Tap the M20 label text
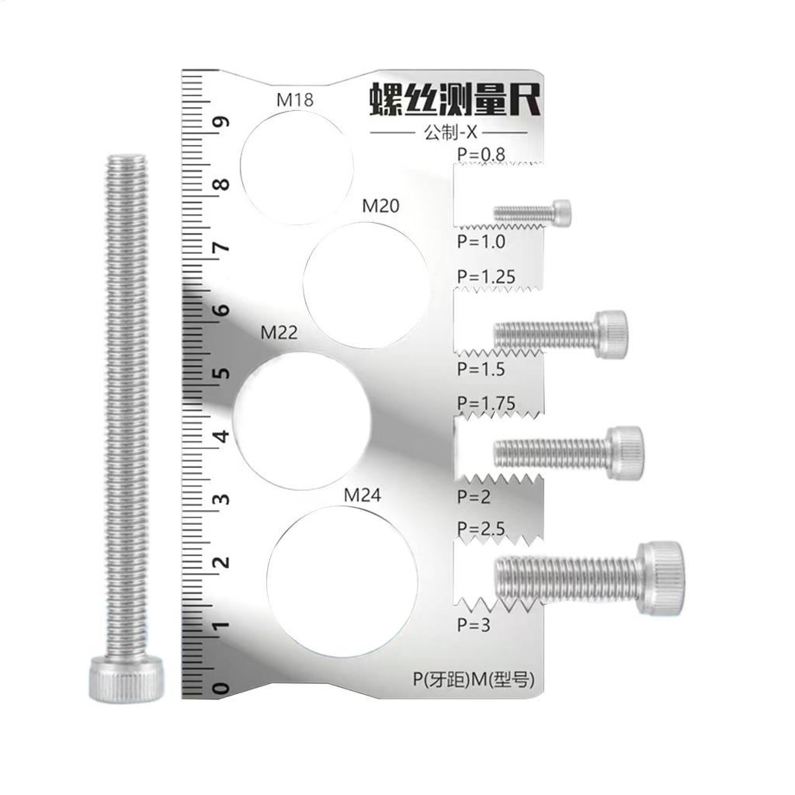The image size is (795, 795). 381,207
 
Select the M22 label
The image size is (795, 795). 279,334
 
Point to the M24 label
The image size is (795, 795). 363,495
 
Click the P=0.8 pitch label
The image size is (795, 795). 481,155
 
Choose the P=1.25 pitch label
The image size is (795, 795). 487,277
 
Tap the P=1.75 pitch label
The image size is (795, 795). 487,404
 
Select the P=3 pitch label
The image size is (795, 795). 474,624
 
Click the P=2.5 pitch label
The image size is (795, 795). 481,529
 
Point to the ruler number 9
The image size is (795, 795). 223,123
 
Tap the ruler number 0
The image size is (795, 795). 223,688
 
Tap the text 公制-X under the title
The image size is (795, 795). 449,133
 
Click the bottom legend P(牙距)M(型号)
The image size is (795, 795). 474,680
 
